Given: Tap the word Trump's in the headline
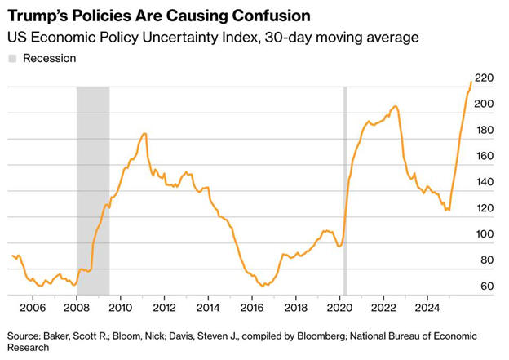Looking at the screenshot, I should point(38,15).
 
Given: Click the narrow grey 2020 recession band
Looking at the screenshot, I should point(344,188).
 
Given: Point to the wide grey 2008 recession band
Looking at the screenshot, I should point(92,188).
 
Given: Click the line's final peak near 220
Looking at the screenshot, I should point(471,82).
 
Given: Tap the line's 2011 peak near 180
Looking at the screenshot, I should point(144,133).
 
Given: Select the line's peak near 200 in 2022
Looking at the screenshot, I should point(395,106).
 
